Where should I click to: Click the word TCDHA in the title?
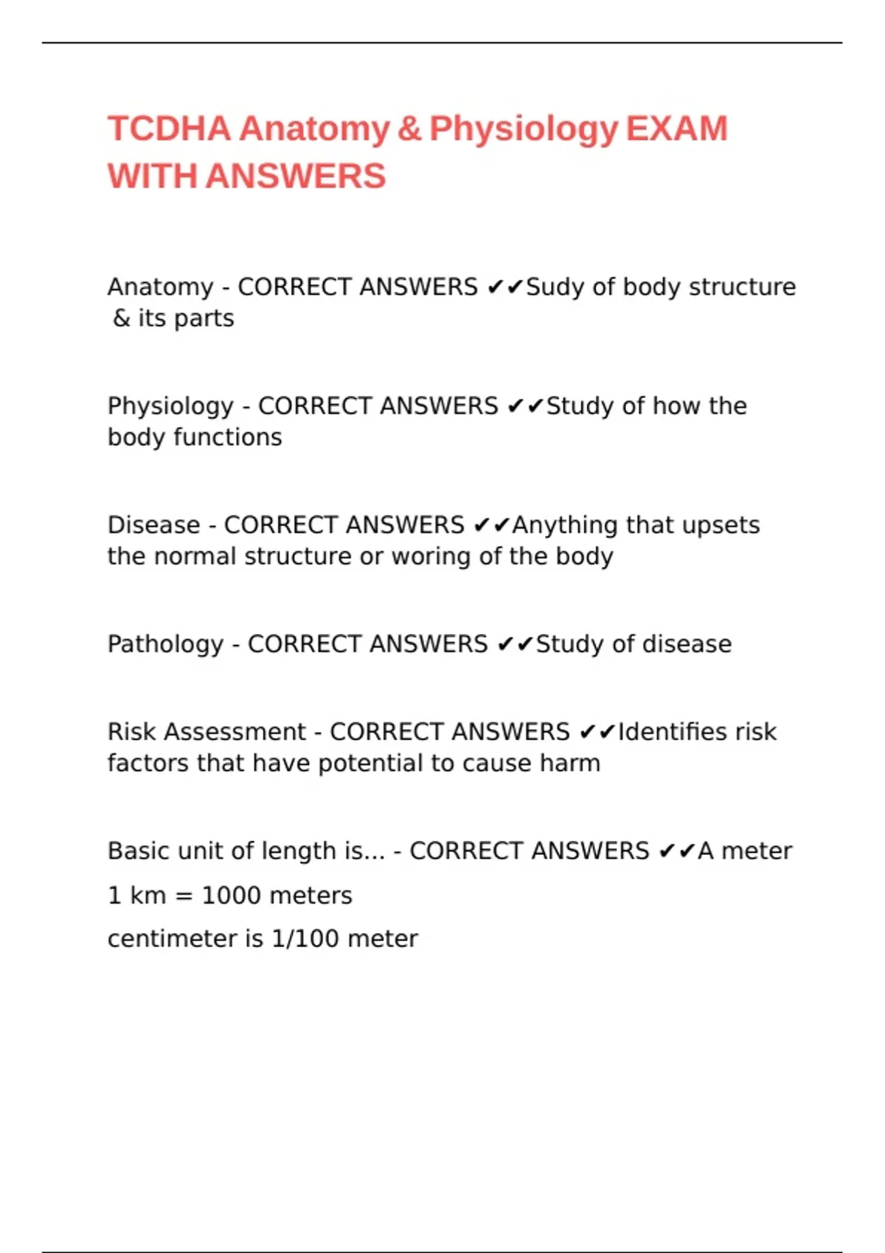[169, 129]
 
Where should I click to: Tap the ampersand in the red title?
[409, 129]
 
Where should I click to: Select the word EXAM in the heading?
[677, 129]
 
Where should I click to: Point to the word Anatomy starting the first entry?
[160, 287]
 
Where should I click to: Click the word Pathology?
[165, 644]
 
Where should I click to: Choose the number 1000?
[230, 896]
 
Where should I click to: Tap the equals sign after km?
[184, 896]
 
